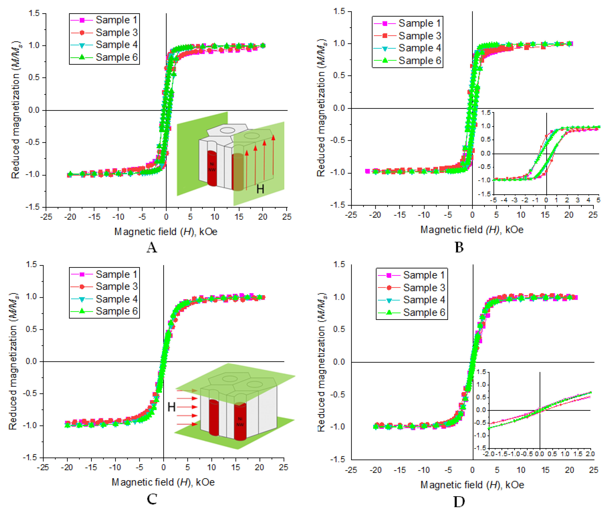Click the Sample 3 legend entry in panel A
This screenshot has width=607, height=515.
pyautogui.click(x=116, y=32)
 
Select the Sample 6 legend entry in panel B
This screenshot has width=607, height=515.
pyautogui.click(x=419, y=61)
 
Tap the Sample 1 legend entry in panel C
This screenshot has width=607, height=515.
pyautogui.click(x=116, y=274)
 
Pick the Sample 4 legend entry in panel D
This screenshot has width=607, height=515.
pyautogui.click(x=424, y=300)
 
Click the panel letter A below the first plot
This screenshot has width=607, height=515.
pyautogui.click(x=152, y=247)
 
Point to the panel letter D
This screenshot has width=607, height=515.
pyautogui.click(x=459, y=502)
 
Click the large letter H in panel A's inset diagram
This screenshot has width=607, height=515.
pyautogui.click(x=260, y=189)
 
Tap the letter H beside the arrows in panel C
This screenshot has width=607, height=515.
pyautogui.click(x=171, y=407)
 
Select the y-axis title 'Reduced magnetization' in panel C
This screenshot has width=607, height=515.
pyautogui.click(x=13, y=361)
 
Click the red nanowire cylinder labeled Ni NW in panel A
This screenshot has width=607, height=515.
pyautogui.click(x=212, y=169)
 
